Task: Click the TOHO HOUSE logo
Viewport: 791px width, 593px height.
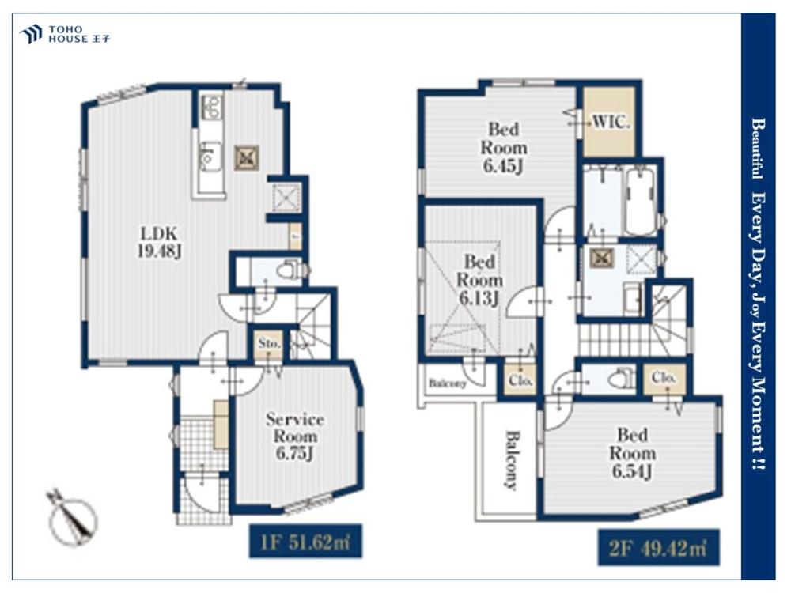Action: coord(65,34)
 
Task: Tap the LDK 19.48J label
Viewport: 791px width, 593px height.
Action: coord(160,242)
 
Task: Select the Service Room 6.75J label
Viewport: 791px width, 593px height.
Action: coord(295,436)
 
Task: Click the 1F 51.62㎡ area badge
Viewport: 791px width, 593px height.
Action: coord(305,541)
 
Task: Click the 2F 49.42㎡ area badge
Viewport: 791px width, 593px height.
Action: coord(658,548)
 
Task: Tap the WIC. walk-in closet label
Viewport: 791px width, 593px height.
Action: coord(611,122)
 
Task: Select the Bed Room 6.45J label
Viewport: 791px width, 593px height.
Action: coord(503,147)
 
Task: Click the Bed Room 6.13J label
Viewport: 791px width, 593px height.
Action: coord(480,280)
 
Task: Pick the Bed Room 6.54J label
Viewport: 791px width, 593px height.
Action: coord(633,453)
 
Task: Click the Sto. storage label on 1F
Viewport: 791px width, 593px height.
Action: coord(270,343)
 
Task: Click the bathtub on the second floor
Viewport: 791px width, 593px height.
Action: coord(640,202)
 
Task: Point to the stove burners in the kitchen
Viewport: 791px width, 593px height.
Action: coord(211,107)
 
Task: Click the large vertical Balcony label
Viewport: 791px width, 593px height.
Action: coord(511,460)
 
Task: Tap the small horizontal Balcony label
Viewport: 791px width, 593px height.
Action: coord(448,383)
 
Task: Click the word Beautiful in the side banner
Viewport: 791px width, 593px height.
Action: coord(756,149)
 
